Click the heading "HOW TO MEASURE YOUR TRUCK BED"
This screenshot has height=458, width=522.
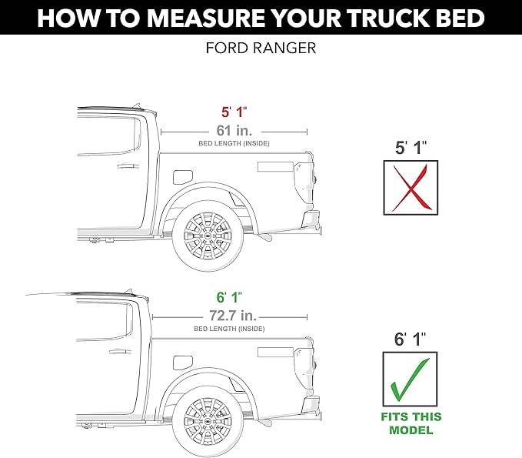tap(261, 18)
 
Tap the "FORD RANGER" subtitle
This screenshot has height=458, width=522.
tap(261, 48)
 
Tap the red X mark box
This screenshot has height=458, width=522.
tap(411, 187)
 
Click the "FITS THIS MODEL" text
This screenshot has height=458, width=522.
tap(411, 423)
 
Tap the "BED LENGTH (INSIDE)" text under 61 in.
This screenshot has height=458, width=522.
tap(234, 144)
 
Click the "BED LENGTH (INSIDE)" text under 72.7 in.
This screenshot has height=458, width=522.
tap(229, 329)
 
